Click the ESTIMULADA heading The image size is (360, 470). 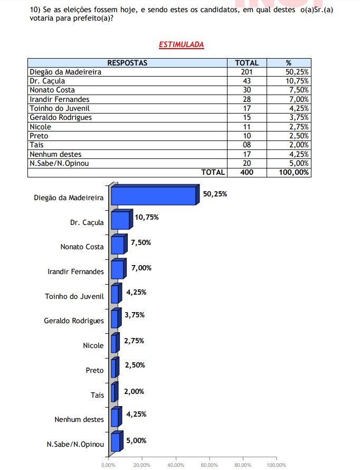(x=181, y=45)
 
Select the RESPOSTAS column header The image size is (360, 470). (x=127, y=63)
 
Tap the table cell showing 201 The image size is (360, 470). (x=247, y=72)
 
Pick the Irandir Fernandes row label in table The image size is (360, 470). (x=60, y=99)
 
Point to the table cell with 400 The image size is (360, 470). (x=247, y=172)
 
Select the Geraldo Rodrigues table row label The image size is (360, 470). (x=61, y=117)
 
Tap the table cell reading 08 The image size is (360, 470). (x=247, y=145)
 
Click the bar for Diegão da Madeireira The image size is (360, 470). (x=153, y=196)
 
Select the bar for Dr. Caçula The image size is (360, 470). (x=120, y=220)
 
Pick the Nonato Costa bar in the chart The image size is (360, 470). (x=117, y=245)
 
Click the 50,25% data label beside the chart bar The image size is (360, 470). (x=215, y=194)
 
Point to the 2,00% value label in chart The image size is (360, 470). (x=134, y=391)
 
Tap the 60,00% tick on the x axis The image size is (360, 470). (x=209, y=465)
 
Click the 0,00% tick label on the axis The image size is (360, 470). (x=109, y=465)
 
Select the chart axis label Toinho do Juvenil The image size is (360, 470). (x=74, y=296)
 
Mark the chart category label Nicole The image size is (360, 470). (x=93, y=346)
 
